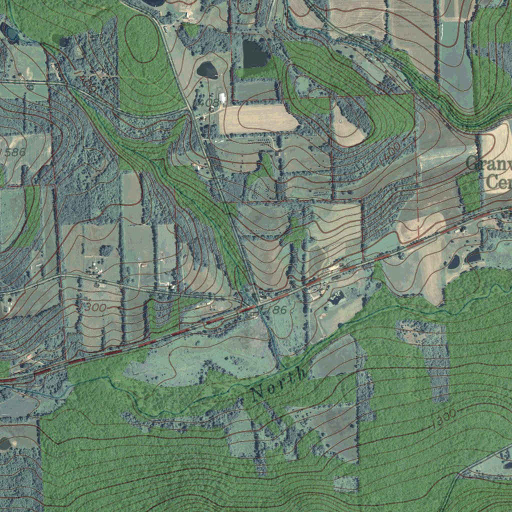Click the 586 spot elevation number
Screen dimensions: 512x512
pos(15,152)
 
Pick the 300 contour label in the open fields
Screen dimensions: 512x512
pos(95,307)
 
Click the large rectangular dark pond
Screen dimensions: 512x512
pos(255,54)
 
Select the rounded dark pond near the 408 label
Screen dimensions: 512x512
pos(207,70)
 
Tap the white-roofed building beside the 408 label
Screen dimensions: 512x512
pos(221,98)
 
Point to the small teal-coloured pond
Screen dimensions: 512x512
pos(9,33)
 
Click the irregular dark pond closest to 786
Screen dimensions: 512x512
pos(336,298)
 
